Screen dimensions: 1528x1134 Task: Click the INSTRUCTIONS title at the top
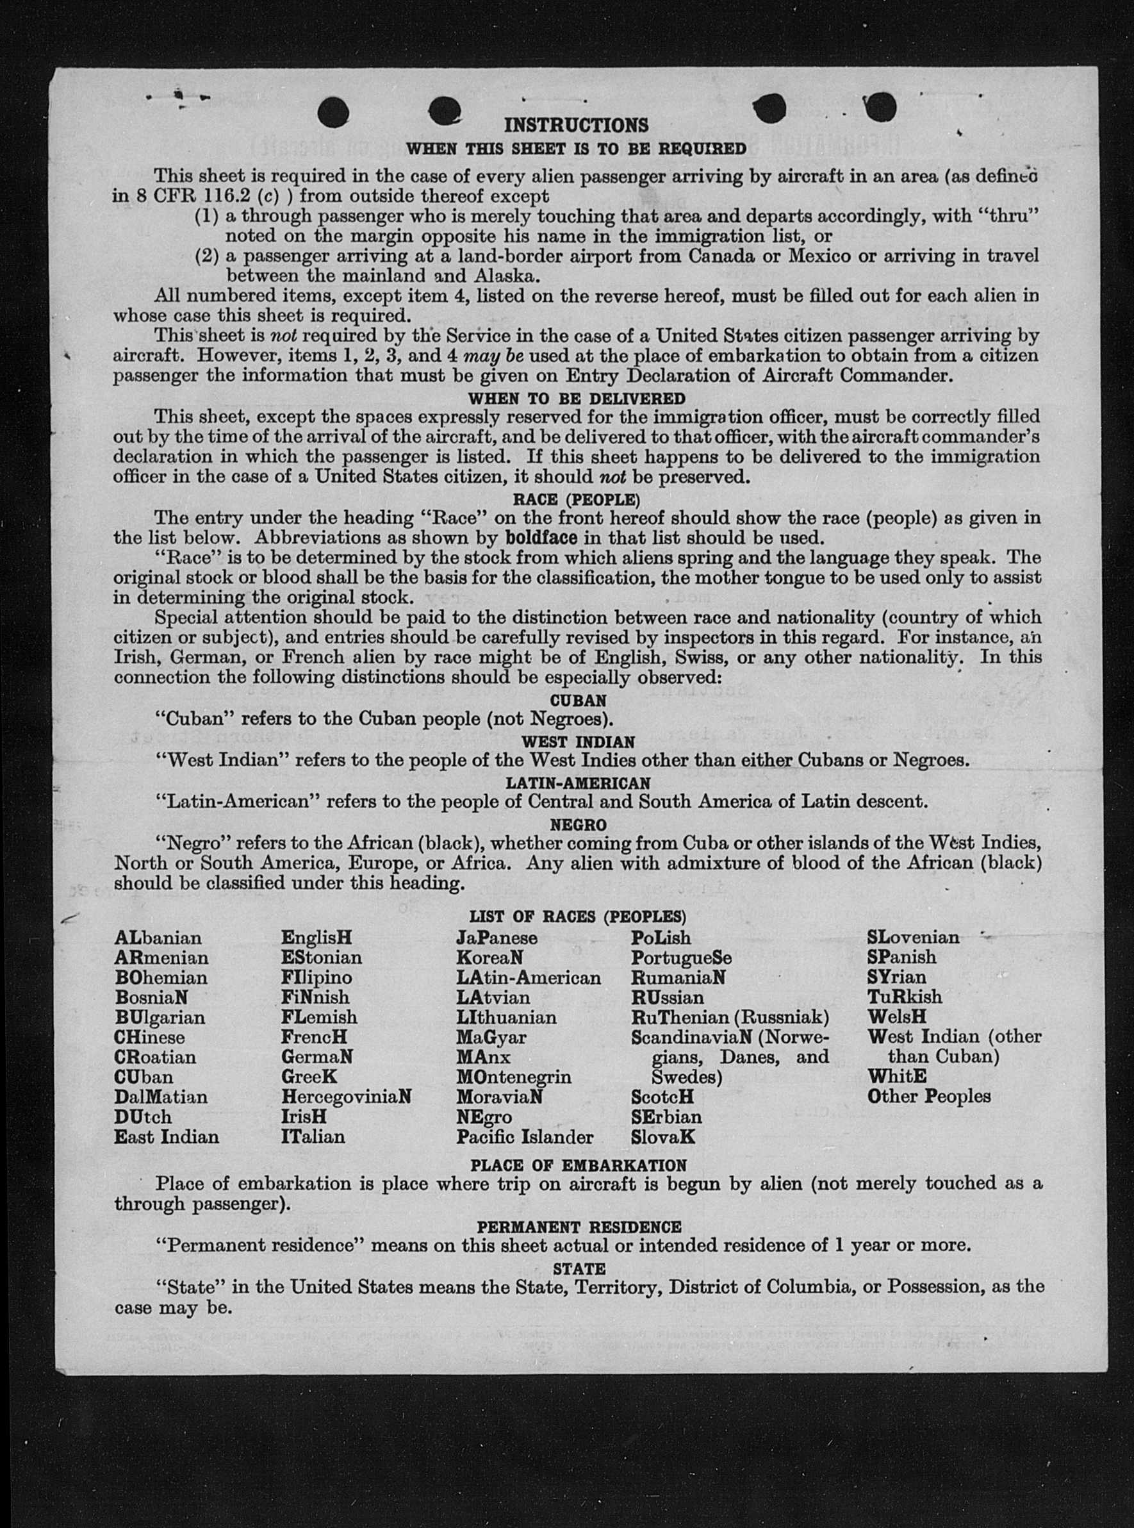[576, 125]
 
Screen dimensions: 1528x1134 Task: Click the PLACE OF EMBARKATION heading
[578, 1165]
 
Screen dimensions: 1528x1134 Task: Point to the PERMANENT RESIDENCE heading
[579, 1227]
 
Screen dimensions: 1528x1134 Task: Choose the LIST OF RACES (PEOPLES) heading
[577, 916]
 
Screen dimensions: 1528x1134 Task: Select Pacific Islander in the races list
[525, 1136]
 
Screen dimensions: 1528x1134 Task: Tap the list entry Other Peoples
[929, 1096]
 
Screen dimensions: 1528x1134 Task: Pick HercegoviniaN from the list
[346, 1097]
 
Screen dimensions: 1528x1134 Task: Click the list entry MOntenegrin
[513, 1076]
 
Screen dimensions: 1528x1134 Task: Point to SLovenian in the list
[913, 938]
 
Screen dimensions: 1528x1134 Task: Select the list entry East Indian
[166, 1136]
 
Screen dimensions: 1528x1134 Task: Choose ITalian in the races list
[313, 1136]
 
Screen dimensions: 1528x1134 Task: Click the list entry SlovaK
[663, 1136]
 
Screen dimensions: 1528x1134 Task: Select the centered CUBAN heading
[578, 701]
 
